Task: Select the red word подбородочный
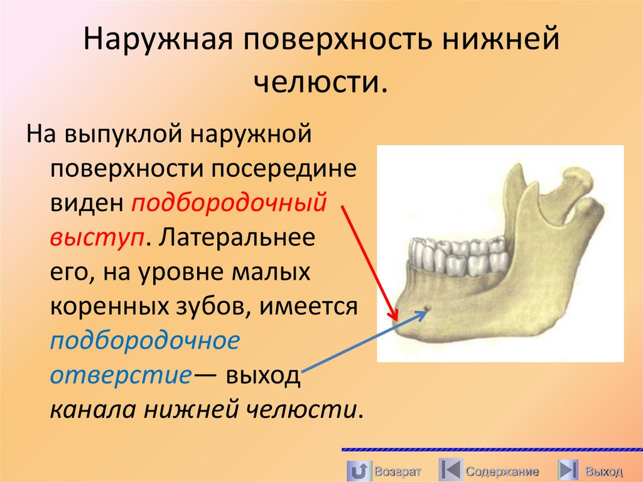[229, 204]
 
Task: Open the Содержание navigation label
[502, 471]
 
